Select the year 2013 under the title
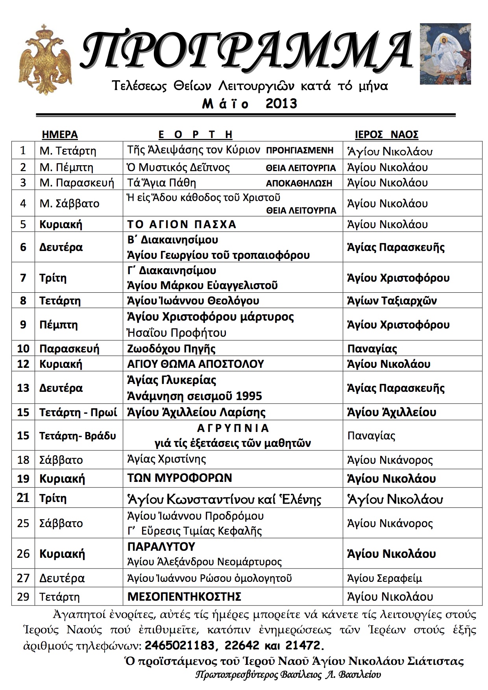(281, 104)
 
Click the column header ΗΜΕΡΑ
(60, 135)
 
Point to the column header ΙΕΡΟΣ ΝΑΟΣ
(386, 135)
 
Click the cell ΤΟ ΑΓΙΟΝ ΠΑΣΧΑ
(181, 224)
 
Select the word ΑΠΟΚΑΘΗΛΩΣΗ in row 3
(299, 183)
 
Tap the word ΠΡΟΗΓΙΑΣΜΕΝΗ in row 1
(300, 151)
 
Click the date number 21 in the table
(23, 498)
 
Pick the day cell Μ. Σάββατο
(69, 203)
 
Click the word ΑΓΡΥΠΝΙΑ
(233, 428)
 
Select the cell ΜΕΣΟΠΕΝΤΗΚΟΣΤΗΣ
(184, 597)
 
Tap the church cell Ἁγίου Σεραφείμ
(384, 578)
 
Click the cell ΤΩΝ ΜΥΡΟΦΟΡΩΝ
(179, 478)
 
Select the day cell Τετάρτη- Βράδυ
(78, 436)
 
